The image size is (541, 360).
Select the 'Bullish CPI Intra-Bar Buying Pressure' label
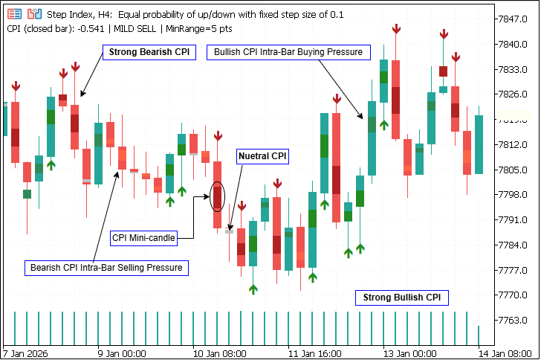(x=288, y=53)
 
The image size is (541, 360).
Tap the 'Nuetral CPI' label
(x=262, y=156)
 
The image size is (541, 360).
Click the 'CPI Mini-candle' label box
(x=144, y=238)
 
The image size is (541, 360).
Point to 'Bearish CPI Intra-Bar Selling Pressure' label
(x=106, y=267)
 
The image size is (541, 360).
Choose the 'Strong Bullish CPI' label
(x=401, y=298)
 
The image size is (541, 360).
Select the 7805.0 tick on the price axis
(x=514, y=170)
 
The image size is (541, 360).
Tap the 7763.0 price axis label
(x=514, y=320)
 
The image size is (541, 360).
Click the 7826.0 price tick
(x=514, y=94)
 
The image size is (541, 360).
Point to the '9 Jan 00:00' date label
(x=121, y=353)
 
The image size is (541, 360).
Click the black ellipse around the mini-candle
(x=217, y=196)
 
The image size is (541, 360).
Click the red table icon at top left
(x=14, y=14)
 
